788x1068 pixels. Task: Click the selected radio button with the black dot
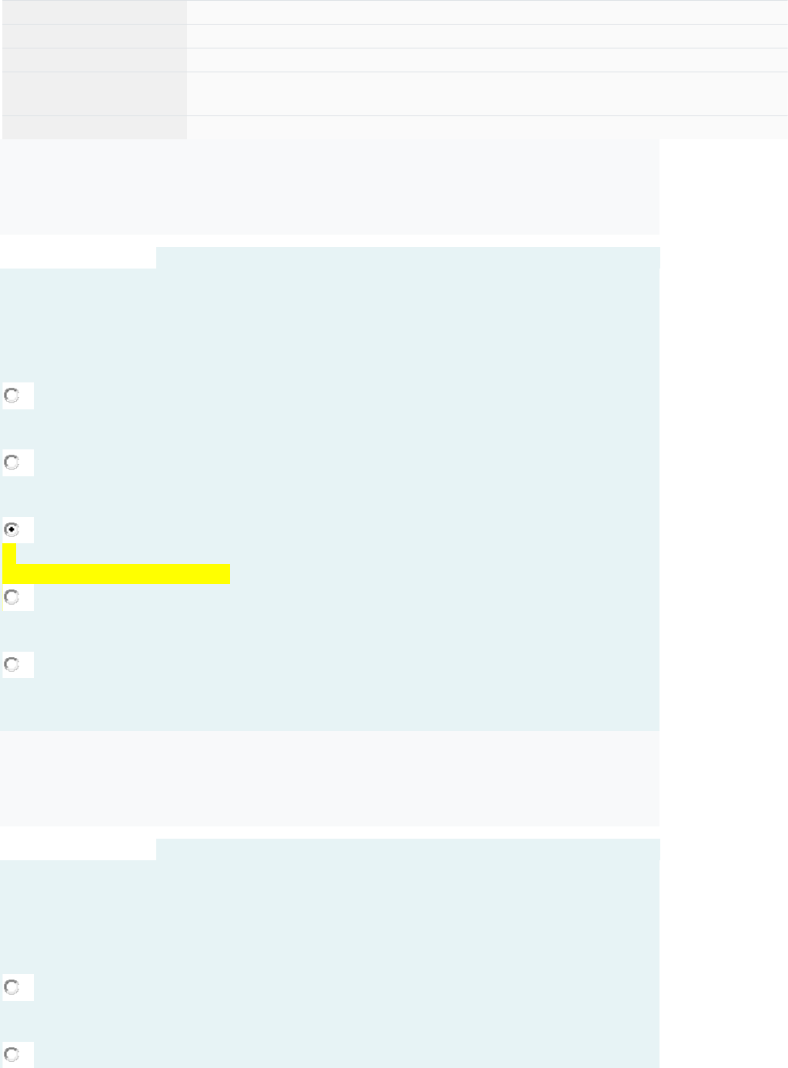coord(12,529)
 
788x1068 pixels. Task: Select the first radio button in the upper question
coord(12,395)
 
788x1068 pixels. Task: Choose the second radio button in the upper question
coord(12,462)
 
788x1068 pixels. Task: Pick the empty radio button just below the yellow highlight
coord(12,597)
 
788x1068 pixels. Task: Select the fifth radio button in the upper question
coord(12,664)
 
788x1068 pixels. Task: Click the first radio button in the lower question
coord(12,987)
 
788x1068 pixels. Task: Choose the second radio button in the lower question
coord(12,1054)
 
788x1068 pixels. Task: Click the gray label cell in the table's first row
coord(94,12)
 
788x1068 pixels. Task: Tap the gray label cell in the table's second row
coord(94,36)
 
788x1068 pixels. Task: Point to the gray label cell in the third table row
coord(94,60)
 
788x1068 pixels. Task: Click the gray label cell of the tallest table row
coord(94,94)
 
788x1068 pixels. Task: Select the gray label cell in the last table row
coord(94,128)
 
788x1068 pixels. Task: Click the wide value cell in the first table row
coord(486,12)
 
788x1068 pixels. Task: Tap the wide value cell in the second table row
coord(486,36)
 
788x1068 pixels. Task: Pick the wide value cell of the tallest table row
coord(486,94)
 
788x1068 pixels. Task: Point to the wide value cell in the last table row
coord(486,128)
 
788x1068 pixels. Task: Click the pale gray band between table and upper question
coord(329,187)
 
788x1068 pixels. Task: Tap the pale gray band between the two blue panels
coord(329,779)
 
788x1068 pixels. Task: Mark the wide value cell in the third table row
coord(486,60)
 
